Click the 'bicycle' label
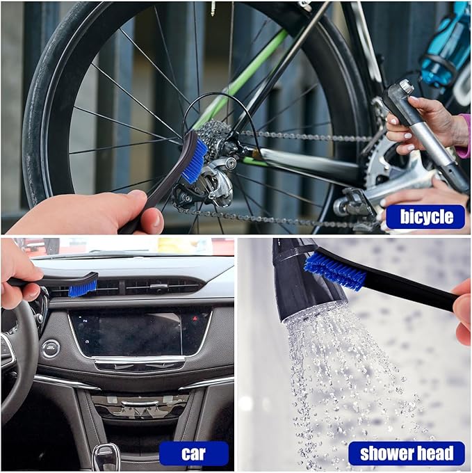tap(425, 216)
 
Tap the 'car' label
tap(193, 454)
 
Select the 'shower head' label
tap(407, 453)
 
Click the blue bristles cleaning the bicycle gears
tap(195, 161)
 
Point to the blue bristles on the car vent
tap(83, 289)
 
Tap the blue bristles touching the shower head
tap(334, 271)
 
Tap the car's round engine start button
tap(51, 348)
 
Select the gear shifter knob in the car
tap(106, 457)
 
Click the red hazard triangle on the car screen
tap(195, 318)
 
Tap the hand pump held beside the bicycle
tap(422, 133)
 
